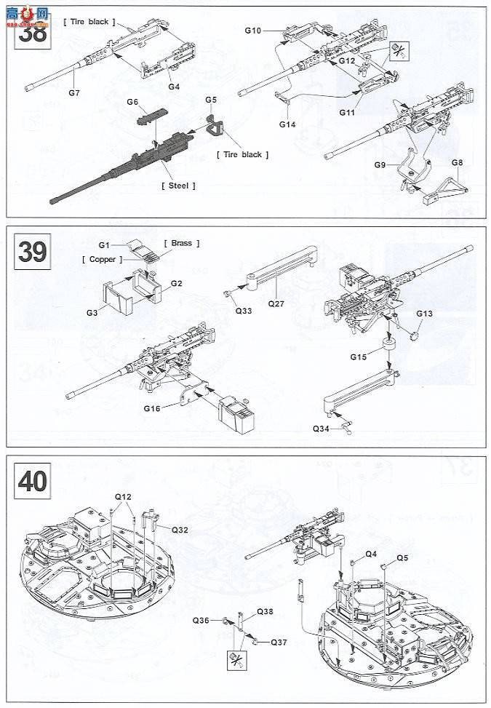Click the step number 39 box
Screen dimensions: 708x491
point(32,252)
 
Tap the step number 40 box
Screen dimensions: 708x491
point(32,482)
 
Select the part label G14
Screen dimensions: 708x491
point(287,124)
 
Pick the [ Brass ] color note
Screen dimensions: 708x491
point(182,243)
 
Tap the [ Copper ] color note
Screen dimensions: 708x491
point(102,259)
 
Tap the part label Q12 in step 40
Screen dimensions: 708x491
point(123,497)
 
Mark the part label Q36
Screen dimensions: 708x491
point(201,620)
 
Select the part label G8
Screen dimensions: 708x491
point(458,164)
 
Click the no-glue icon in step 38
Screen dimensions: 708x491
point(398,50)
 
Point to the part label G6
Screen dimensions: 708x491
point(132,102)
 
